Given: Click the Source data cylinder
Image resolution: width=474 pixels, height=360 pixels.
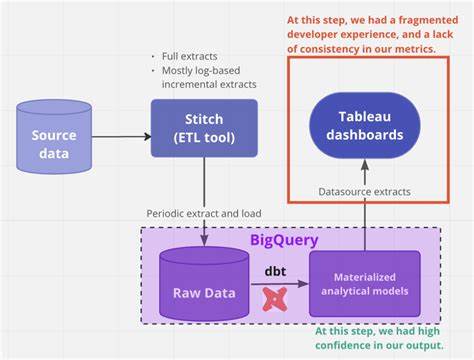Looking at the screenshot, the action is click(54, 137).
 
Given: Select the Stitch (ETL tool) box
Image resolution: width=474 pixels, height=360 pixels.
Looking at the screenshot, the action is click(204, 128).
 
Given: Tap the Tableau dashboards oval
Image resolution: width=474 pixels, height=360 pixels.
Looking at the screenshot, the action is click(365, 126).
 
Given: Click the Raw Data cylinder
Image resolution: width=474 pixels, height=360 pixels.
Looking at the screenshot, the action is click(204, 284).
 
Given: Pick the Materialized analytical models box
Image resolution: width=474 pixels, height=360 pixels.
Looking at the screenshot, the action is click(365, 284).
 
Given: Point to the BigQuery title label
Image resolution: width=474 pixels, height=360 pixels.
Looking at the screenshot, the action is click(284, 240).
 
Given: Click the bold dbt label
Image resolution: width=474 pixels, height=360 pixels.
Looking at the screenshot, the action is click(275, 271).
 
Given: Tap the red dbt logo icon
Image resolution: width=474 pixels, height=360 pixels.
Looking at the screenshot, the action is click(275, 299).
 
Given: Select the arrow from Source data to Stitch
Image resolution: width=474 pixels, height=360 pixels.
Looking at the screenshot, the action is click(122, 136).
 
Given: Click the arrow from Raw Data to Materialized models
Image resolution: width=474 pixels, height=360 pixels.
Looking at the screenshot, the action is click(280, 284).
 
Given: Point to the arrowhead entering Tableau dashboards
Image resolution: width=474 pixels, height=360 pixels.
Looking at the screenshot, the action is click(365, 165).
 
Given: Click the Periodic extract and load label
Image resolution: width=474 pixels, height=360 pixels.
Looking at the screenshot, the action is click(204, 213).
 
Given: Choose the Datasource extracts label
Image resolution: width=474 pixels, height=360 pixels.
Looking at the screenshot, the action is click(365, 192).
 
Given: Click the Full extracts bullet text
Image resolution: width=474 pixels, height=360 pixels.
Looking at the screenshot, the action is click(190, 56).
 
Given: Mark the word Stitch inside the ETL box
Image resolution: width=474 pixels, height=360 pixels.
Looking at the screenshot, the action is click(204, 119).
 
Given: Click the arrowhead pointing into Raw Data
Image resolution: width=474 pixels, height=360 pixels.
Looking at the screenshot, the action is click(204, 240).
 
